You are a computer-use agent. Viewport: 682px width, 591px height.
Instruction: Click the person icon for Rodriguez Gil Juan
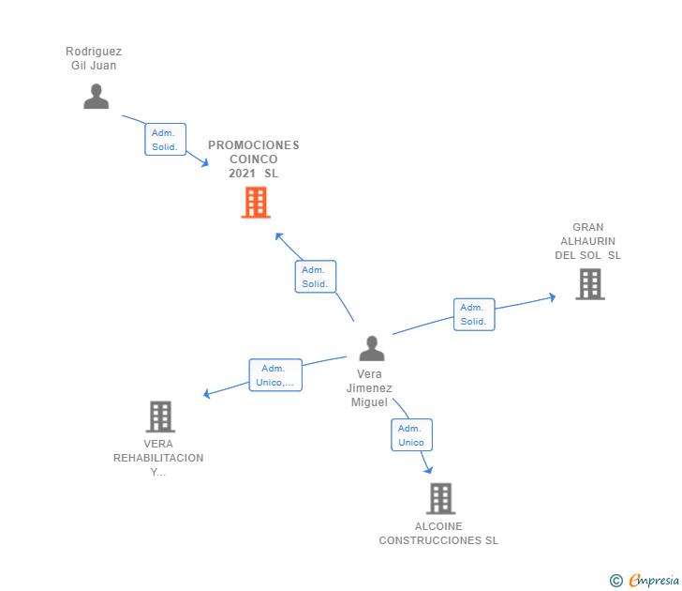tap(96, 97)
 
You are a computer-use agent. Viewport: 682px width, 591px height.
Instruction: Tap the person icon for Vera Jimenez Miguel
tap(372, 349)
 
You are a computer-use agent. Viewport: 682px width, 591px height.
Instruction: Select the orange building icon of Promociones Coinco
tap(256, 203)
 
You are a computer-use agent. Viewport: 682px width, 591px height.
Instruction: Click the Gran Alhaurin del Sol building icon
tap(589, 284)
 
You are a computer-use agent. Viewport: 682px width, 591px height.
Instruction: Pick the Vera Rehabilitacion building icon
tap(160, 417)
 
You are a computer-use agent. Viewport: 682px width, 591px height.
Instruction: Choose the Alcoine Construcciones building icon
tap(440, 499)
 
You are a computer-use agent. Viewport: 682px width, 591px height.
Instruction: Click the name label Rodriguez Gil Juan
tap(94, 58)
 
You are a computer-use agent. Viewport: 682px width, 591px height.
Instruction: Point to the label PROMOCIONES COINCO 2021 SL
tap(254, 159)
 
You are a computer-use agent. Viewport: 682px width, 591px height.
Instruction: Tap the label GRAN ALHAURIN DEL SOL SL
tap(588, 241)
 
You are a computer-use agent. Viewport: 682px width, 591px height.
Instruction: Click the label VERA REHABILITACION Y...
tap(158, 458)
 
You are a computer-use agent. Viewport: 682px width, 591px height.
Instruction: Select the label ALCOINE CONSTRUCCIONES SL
tap(438, 534)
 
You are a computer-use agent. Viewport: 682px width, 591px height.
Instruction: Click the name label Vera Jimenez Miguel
tap(369, 388)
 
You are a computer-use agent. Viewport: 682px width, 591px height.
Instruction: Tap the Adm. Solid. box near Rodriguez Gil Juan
tap(165, 140)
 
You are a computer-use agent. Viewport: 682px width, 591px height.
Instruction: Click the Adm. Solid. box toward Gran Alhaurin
tap(473, 314)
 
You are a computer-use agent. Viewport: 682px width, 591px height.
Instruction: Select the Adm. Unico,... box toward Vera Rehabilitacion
tap(275, 375)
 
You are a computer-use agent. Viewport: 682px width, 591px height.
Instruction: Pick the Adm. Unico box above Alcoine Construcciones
tap(411, 435)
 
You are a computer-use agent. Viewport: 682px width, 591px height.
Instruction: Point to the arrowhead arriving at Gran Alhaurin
tap(552, 297)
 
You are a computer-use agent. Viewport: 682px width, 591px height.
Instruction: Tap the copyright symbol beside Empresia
tap(615, 581)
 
